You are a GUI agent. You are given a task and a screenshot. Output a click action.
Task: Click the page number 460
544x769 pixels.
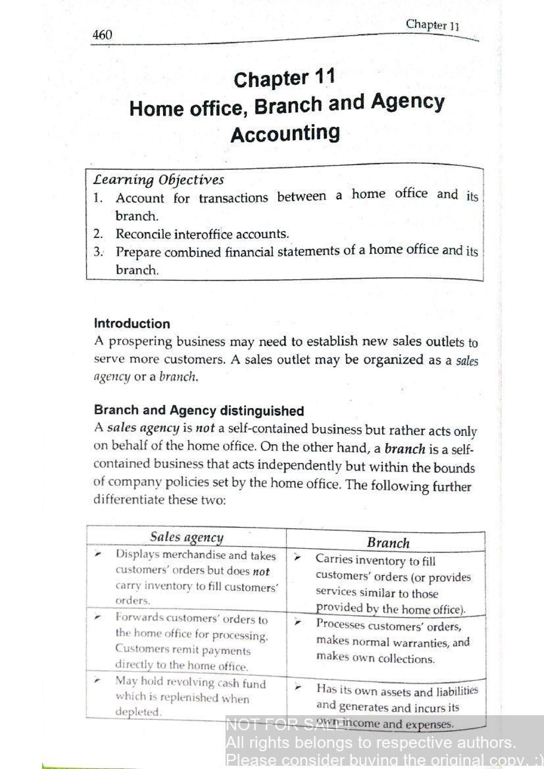coord(102,35)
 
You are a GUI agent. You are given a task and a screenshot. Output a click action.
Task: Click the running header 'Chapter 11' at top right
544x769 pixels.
coord(432,25)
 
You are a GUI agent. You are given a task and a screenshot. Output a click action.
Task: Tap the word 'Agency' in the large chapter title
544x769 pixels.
coord(408,103)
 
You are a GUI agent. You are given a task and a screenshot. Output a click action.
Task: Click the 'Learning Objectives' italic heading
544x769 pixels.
coord(159,180)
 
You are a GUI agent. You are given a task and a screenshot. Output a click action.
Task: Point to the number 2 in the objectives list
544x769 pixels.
coord(97,234)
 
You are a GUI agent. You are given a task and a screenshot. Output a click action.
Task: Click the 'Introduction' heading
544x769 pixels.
coord(132,324)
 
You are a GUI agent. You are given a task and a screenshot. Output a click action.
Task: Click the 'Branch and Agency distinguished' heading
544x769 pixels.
coord(199,411)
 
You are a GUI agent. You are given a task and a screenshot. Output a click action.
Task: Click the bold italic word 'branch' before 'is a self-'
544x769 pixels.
coord(404,449)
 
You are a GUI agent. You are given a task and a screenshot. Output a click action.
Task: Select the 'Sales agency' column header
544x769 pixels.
coord(187,537)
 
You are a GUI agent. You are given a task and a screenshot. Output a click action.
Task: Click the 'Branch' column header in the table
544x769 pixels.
coord(388,543)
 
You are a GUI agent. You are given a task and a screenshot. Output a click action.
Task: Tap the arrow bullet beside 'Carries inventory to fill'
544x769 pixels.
coord(297,557)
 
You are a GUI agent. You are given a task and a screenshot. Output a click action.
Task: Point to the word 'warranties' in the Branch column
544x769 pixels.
coord(420,643)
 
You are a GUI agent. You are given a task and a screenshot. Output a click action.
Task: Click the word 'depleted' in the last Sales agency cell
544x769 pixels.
coord(138,712)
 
